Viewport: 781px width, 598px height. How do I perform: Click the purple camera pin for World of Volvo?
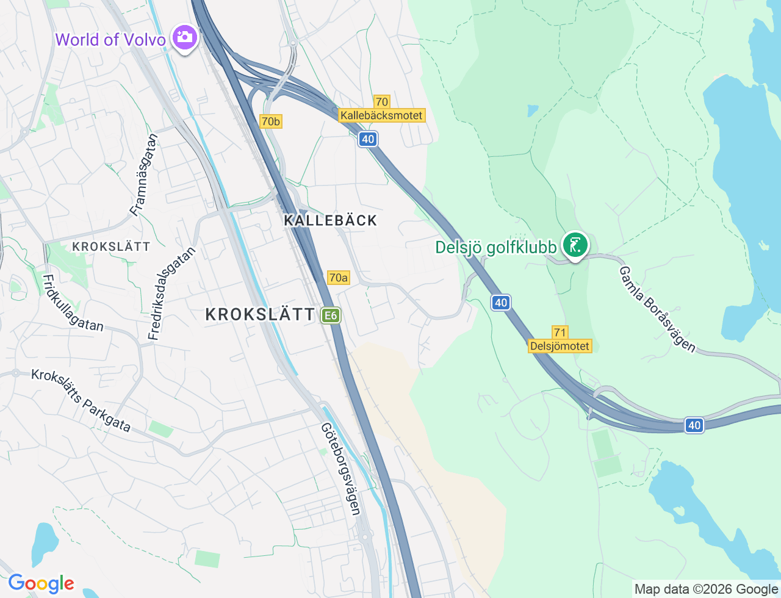(x=184, y=38)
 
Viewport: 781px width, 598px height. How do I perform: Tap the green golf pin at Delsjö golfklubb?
(x=575, y=245)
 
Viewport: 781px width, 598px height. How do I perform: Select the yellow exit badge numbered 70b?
(x=270, y=121)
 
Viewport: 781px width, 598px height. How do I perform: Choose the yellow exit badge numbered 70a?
(x=338, y=278)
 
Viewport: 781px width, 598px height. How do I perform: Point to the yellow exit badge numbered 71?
(x=560, y=333)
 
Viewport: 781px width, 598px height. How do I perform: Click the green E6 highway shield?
(x=331, y=315)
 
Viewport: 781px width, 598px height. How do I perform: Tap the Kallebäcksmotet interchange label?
(x=381, y=115)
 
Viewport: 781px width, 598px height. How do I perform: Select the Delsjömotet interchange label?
(x=560, y=346)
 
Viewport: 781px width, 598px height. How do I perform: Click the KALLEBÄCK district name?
(x=331, y=220)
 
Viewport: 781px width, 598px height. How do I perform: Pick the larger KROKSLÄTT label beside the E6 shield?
(x=260, y=315)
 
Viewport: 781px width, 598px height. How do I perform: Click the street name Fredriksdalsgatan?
(x=173, y=294)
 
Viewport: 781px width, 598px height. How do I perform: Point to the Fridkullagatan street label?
(x=73, y=303)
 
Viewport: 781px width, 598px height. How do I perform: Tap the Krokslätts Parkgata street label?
(x=81, y=400)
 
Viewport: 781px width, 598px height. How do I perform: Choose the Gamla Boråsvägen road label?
(x=657, y=309)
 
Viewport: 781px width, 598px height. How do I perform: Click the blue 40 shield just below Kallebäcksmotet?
(x=367, y=139)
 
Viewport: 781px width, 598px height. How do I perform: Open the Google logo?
(x=41, y=583)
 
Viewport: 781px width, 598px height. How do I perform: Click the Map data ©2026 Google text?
(x=706, y=589)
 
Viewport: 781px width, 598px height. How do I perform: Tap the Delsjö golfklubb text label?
(x=495, y=247)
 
